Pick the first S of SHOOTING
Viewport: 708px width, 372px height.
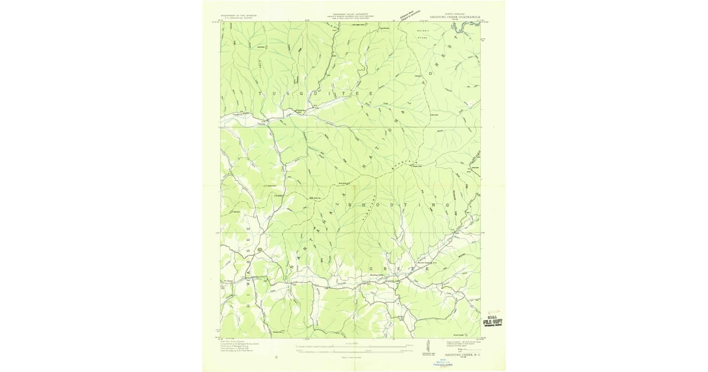[x=352, y=204]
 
